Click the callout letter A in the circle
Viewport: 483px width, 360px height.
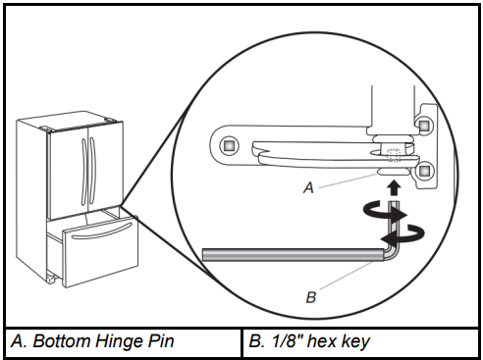308,187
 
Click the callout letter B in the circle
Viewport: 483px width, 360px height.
311,297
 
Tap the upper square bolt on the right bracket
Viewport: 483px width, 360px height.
424,126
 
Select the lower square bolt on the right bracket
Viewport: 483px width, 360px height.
424,170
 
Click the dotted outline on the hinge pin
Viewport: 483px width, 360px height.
394,155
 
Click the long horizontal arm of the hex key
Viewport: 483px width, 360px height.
293,255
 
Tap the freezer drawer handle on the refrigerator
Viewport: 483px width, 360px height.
102,231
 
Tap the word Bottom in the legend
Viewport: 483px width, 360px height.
62,341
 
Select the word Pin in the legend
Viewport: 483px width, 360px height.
161,341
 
